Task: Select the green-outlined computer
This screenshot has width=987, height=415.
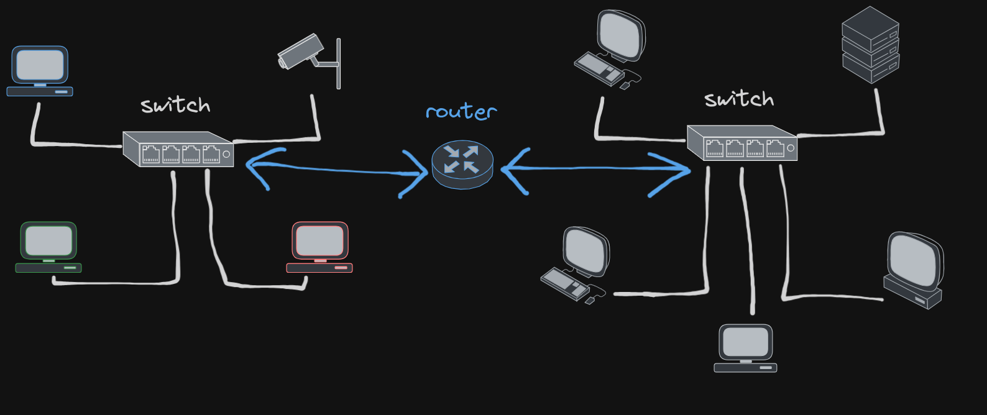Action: (x=48, y=247)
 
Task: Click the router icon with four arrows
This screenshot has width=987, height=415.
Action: (x=462, y=163)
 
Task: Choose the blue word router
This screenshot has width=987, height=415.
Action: (x=461, y=112)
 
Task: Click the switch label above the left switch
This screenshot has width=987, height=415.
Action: (x=175, y=106)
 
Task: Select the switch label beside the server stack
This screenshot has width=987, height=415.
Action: (x=739, y=99)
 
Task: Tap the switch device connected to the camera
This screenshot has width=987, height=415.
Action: (x=178, y=149)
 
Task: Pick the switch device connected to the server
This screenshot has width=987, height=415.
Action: (x=742, y=144)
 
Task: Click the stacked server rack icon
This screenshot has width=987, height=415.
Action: (x=870, y=45)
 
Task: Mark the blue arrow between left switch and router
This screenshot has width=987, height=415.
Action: (x=336, y=170)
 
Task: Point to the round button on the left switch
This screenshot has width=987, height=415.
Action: (x=226, y=154)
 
